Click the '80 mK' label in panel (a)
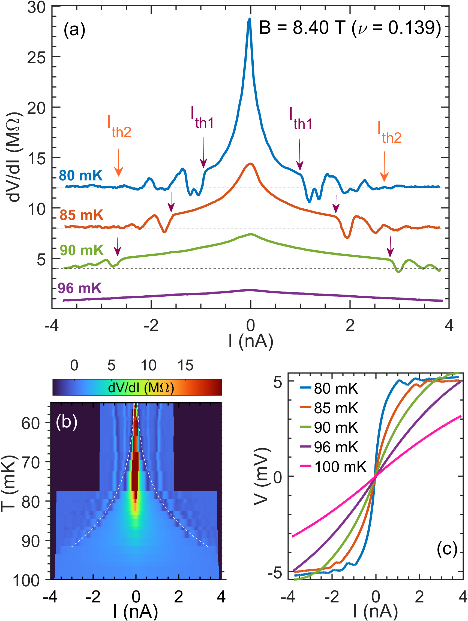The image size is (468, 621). pos(81,176)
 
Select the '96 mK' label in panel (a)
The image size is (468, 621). pos(79,288)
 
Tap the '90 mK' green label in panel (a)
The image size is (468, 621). pos(82,250)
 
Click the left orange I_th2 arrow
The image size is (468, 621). pos(119,163)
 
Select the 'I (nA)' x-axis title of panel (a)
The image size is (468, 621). pos(251,341)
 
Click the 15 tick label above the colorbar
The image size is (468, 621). pos(185,366)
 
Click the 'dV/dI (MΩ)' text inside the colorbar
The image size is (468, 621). pos(141,388)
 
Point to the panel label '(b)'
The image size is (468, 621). pos(67,422)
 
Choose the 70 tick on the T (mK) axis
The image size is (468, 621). pos(31,463)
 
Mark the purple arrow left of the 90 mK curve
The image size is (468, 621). pos(118,246)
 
